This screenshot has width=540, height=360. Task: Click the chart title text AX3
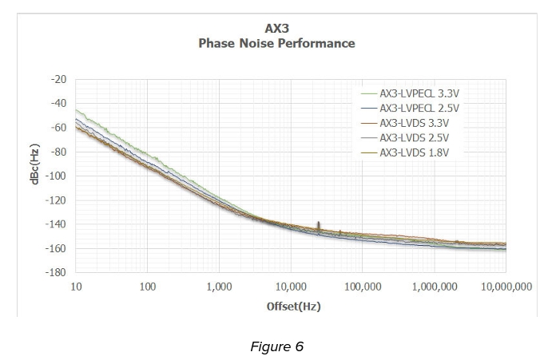pyautogui.click(x=276, y=29)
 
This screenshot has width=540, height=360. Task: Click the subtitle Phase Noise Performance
pyautogui.click(x=276, y=43)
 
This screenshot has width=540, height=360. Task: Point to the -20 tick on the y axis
pyautogui.click(x=58, y=79)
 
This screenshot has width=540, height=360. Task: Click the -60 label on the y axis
pyautogui.click(x=58, y=127)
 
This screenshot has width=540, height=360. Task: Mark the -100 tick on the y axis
pyautogui.click(x=57, y=176)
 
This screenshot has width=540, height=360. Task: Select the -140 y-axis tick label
pyautogui.click(x=57, y=224)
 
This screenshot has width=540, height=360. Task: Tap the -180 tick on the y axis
pyautogui.click(x=57, y=272)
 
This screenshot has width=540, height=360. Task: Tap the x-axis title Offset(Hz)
pyautogui.click(x=293, y=307)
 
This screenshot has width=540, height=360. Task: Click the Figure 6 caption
pyautogui.click(x=276, y=346)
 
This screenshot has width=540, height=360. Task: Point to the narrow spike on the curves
pyautogui.click(x=319, y=225)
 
